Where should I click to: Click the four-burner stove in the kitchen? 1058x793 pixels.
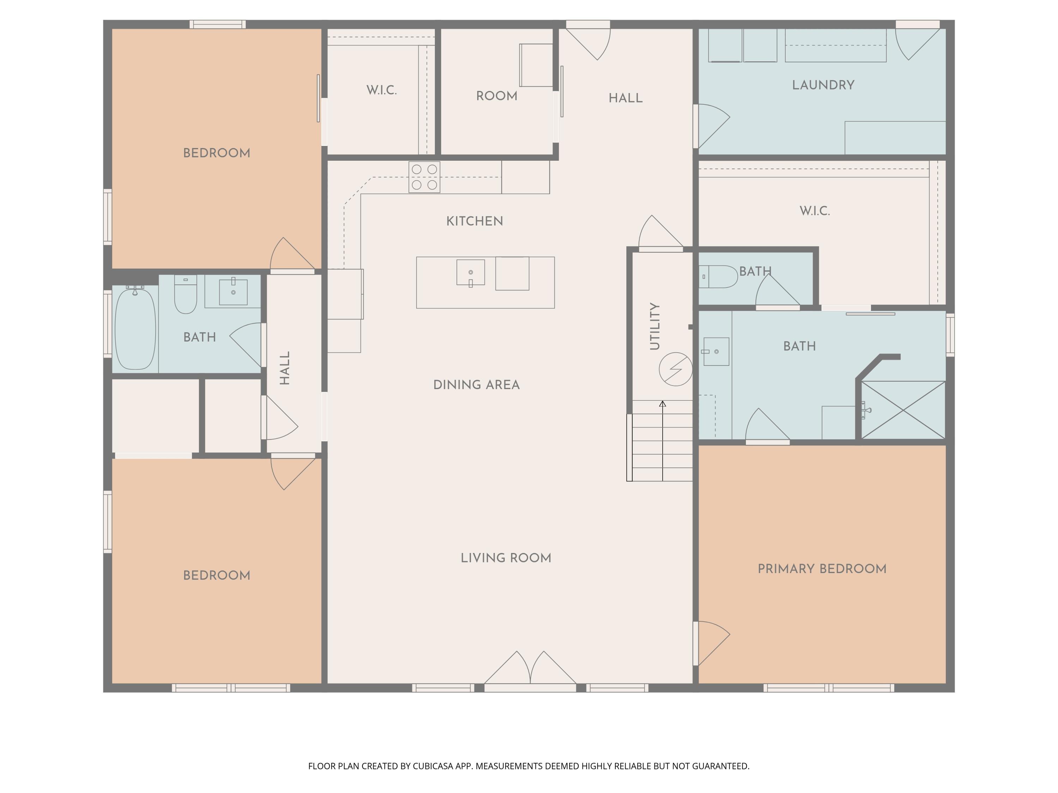point(424,177)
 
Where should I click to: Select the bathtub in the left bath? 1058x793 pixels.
point(135,328)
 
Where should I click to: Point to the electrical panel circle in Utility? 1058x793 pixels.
point(675,369)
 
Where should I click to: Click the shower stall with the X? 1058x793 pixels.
point(903,410)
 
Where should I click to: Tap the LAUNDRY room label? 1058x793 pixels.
point(823,85)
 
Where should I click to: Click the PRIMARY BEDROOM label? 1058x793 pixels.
point(822,569)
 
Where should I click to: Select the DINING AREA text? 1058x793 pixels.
point(476,385)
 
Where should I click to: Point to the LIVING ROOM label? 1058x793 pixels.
point(506,558)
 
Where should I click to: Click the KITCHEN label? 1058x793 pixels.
point(474,221)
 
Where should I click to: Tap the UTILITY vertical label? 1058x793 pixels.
point(655,326)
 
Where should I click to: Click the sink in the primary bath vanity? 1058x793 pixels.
point(716,352)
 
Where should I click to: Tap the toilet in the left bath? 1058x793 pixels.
point(186,294)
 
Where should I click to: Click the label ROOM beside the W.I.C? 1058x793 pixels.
point(497,96)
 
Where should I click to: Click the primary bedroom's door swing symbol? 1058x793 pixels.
point(712,643)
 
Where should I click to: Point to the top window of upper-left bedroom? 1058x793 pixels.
point(218,24)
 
